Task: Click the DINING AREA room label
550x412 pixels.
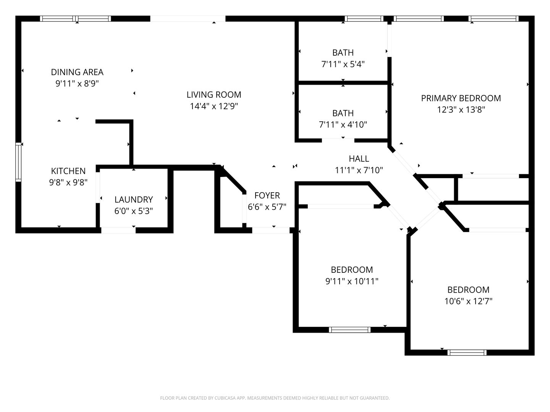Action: [77, 72]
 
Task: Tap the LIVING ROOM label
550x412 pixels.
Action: [214, 95]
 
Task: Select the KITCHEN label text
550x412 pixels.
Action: [68, 171]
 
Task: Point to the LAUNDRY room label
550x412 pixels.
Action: [134, 200]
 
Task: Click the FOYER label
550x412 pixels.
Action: [267, 196]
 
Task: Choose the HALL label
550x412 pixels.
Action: [359, 159]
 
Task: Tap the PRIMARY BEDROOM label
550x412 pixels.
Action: [461, 98]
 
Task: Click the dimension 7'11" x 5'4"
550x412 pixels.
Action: [343, 64]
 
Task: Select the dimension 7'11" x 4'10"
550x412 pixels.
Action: [343, 124]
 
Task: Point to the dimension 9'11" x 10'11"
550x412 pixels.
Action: [352, 282]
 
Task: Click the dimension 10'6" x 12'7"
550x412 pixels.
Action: [468, 301]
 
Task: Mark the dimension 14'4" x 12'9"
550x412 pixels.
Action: [214, 106]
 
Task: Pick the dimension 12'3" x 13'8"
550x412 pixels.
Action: [461, 110]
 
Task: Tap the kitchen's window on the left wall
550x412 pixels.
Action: [18, 161]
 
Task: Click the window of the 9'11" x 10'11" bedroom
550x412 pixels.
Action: [349, 330]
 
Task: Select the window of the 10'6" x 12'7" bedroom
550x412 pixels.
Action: [466, 352]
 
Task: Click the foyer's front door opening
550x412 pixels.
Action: [271, 230]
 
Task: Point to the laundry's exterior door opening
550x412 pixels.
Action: [118, 230]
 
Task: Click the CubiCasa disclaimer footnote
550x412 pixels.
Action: [275, 398]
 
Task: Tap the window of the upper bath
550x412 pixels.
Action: [364, 19]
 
